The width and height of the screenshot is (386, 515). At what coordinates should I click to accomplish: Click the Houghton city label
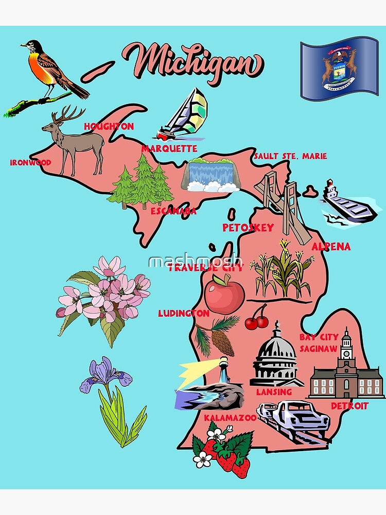pyautogui.click(x=109, y=126)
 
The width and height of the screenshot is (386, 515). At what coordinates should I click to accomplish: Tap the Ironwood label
pyautogui.click(x=31, y=163)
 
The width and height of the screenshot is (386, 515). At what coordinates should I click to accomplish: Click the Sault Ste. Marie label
pyautogui.click(x=290, y=156)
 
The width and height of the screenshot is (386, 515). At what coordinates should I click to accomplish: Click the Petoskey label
pyautogui.click(x=248, y=228)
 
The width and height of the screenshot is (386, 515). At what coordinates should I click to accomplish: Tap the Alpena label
pyautogui.click(x=331, y=247)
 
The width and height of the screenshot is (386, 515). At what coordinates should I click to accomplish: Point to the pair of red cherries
pyautogui.click(x=257, y=319)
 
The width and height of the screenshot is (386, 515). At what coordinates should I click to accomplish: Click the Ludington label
pyautogui.click(x=183, y=313)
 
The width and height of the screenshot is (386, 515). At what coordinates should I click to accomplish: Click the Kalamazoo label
pyautogui.click(x=230, y=418)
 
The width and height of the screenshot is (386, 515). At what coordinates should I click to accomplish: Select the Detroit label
pyautogui.click(x=349, y=406)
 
